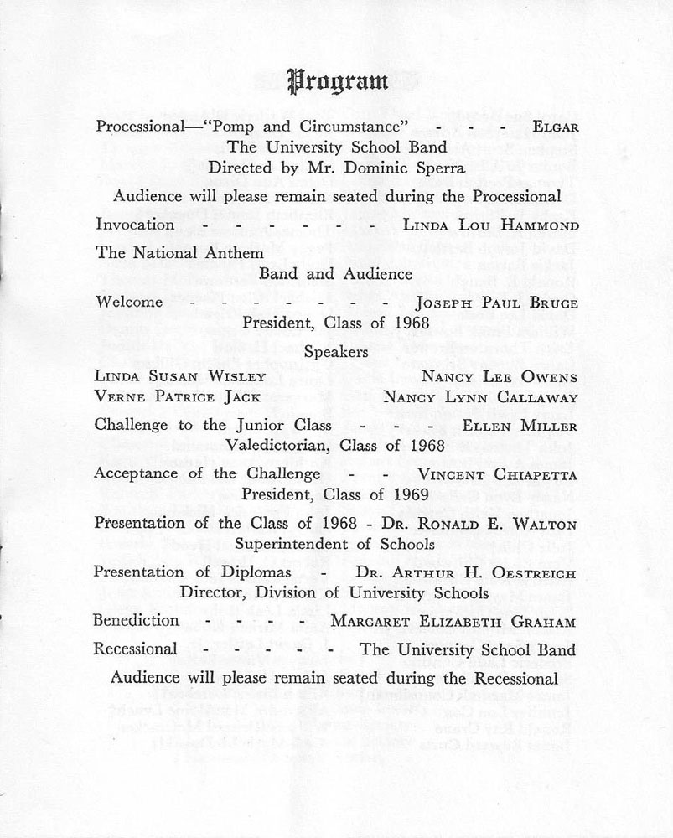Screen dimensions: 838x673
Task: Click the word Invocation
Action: [x=136, y=224]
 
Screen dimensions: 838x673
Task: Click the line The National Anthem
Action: [x=180, y=252]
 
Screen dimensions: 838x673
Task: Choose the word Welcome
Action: [x=130, y=301]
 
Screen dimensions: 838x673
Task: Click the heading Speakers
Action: [x=336, y=352]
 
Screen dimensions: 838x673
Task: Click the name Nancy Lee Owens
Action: [x=500, y=376]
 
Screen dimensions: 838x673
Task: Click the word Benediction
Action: [x=137, y=621]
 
